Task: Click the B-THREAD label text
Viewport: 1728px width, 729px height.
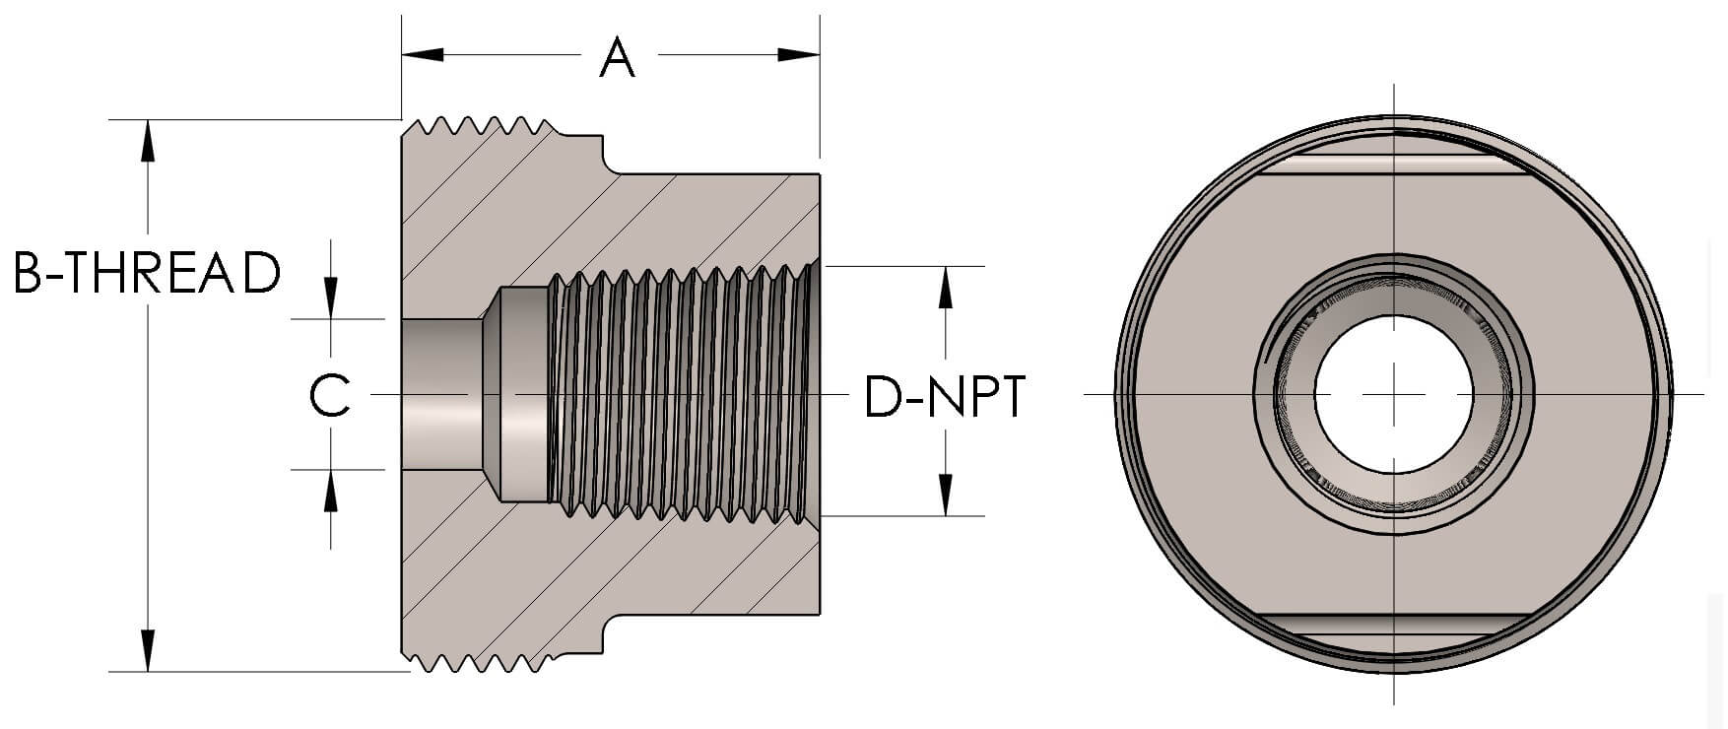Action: pyautogui.click(x=148, y=274)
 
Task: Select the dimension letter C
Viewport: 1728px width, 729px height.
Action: pyautogui.click(x=330, y=396)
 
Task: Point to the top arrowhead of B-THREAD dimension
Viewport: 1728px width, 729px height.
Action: pyautogui.click(x=148, y=140)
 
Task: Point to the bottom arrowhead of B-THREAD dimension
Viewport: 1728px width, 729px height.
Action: pyautogui.click(x=148, y=650)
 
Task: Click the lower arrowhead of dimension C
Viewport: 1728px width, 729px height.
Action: pyautogui.click(x=331, y=490)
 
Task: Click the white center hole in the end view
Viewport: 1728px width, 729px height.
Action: pyautogui.click(x=1394, y=394)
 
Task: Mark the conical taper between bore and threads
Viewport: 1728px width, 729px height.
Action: pyautogui.click(x=493, y=394)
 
